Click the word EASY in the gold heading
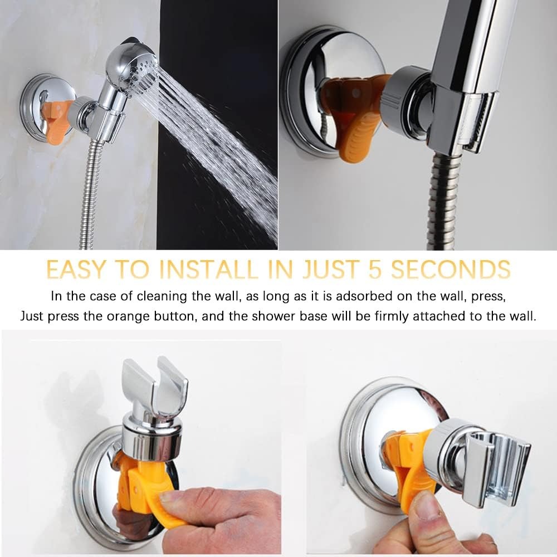pos(76,269)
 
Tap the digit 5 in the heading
pos(375,269)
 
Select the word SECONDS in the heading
pos(451,269)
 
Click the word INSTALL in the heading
pos(209,269)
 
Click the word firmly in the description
pos(392,316)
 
